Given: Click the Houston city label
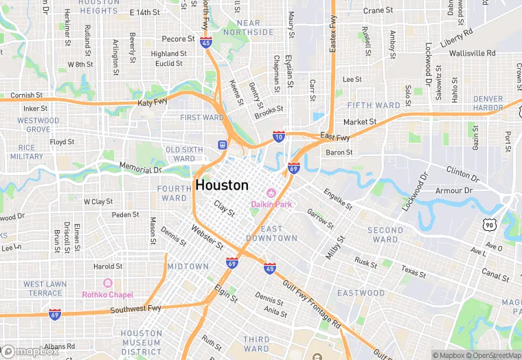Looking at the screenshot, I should (222, 185).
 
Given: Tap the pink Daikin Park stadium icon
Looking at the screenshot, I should (271, 192).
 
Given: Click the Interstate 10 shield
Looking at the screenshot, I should (278, 137).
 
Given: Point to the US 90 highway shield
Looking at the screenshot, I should (489, 225).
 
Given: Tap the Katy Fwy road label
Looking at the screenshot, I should (152, 102).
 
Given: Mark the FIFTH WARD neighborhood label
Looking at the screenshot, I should (374, 105).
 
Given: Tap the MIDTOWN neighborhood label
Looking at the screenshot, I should (188, 266).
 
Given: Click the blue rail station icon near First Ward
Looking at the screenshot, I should (222, 144).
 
